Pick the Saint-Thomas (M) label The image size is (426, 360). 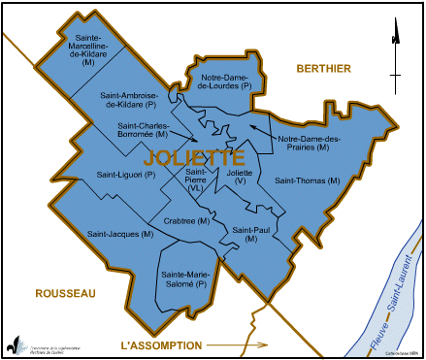(308, 180)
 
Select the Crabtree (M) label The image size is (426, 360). (188, 221)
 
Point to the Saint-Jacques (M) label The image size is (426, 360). (119, 234)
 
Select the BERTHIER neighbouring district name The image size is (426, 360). (324, 66)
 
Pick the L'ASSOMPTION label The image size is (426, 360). (161, 345)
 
